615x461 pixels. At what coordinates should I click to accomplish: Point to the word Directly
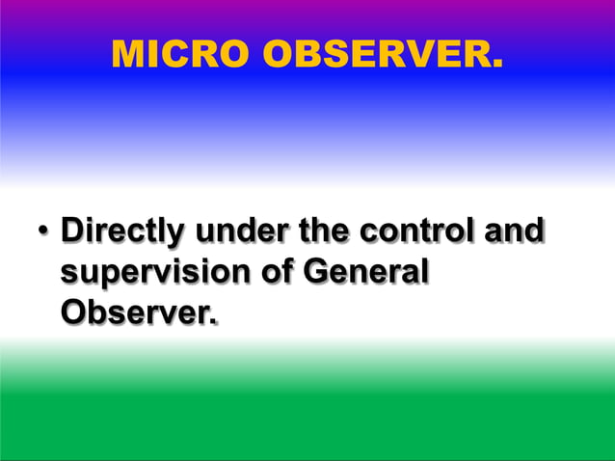120,234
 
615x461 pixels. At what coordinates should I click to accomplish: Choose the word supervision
154,274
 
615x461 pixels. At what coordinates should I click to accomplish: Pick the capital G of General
315,274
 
